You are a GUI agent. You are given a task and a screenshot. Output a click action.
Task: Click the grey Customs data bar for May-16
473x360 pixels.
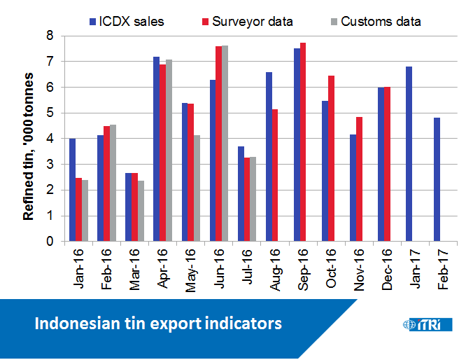(197, 188)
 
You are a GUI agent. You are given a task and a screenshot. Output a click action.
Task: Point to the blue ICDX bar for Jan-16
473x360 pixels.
(72, 190)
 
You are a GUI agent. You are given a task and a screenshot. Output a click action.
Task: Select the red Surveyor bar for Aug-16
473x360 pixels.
(275, 175)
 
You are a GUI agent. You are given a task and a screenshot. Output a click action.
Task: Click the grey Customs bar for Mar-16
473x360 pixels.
(141, 211)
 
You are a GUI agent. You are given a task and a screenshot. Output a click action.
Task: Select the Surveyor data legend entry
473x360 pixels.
(245, 21)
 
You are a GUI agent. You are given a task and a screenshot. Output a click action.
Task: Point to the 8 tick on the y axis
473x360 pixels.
(50, 36)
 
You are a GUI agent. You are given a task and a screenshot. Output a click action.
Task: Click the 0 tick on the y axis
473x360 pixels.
(50, 242)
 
